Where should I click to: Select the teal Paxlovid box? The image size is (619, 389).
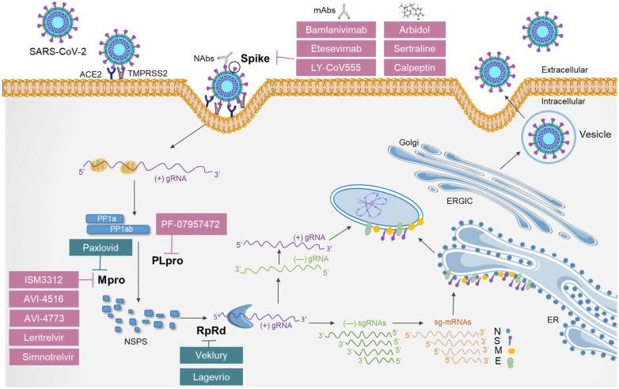tap(117, 247)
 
